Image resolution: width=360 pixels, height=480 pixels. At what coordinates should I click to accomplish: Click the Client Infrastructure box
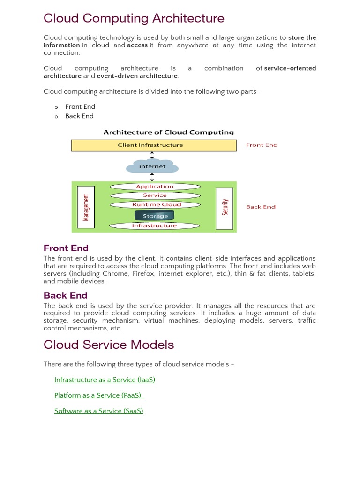[x=154, y=145]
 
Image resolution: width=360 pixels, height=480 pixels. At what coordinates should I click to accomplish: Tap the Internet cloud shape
[x=152, y=166]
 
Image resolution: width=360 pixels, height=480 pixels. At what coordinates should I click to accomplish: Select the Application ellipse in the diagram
[x=155, y=187]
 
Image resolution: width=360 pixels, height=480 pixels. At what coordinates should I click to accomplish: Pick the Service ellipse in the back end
[x=155, y=195]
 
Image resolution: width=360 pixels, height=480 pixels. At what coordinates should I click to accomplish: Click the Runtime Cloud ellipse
[x=155, y=204]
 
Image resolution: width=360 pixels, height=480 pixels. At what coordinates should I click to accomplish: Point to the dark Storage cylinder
[x=155, y=216]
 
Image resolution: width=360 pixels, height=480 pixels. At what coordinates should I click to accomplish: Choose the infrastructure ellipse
[x=155, y=225]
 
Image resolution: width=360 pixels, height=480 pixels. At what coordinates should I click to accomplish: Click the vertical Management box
[x=85, y=208]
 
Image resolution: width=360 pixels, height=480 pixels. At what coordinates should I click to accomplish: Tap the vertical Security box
[x=225, y=208]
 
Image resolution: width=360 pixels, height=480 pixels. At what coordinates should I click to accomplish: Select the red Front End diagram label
[x=262, y=145]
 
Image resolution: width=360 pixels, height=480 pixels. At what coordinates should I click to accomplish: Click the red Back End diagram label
[x=261, y=207]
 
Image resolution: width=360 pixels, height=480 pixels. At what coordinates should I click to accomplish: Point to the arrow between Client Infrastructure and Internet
[x=152, y=155]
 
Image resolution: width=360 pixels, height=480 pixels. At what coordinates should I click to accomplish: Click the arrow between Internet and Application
[x=152, y=177]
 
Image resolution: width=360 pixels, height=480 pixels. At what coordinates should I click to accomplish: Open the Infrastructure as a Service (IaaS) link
[x=105, y=380]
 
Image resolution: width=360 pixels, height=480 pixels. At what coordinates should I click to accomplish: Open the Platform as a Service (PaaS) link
[x=98, y=395]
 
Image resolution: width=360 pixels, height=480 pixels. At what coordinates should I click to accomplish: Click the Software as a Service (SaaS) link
[x=98, y=411]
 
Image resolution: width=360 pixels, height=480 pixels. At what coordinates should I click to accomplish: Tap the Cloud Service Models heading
[x=109, y=345]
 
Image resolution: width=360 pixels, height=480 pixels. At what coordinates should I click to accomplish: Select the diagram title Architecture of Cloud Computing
[x=168, y=133]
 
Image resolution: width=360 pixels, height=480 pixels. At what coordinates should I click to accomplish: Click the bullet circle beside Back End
[x=56, y=117]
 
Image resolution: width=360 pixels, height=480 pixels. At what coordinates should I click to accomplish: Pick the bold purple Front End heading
[x=66, y=248]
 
